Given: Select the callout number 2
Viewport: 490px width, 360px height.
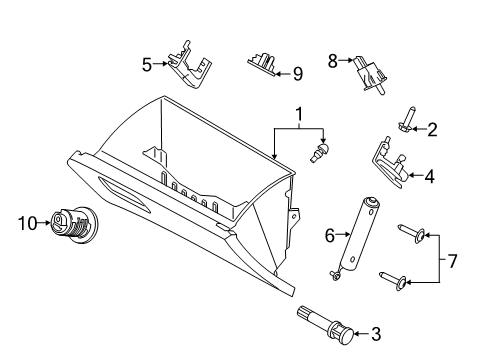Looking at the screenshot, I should point(432,128).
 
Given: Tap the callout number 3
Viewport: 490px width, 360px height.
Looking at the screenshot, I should point(376,334).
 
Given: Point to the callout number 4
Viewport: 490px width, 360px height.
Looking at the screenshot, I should point(428,177).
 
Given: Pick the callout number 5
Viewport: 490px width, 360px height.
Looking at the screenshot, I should point(147,65).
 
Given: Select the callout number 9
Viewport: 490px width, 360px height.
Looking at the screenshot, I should point(296,72).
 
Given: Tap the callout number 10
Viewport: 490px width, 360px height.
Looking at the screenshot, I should point(28,222).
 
